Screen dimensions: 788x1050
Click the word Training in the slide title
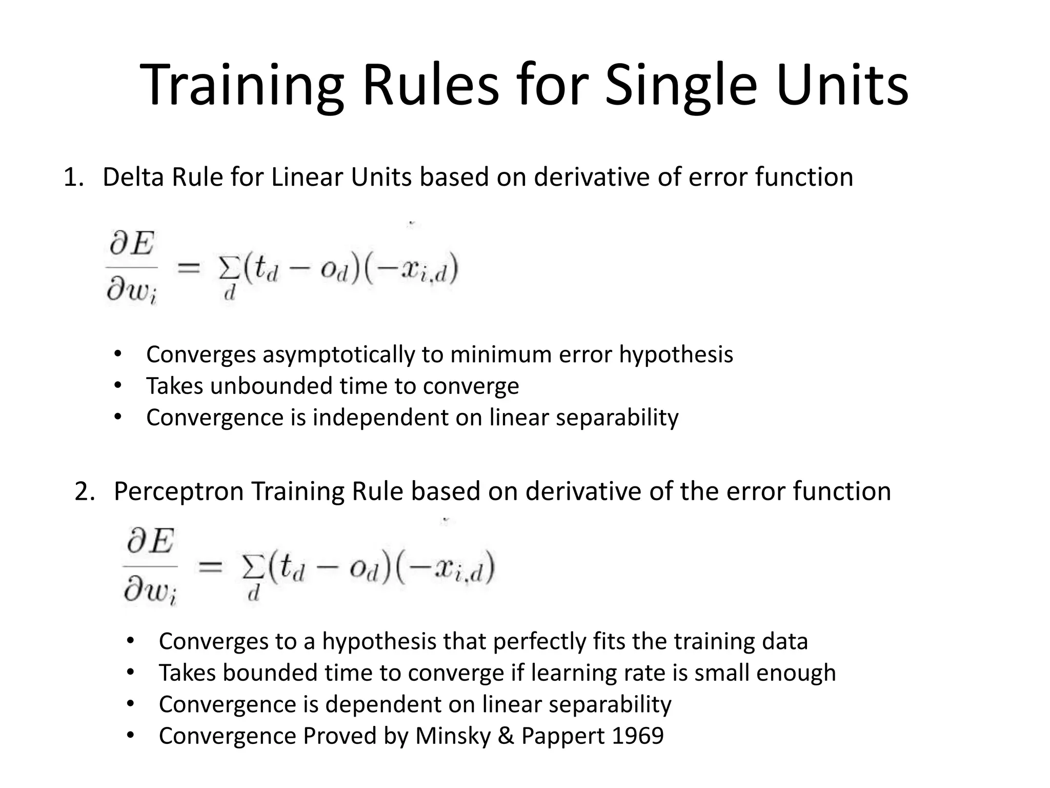pos(241,85)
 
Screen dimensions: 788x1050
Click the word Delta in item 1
pos(133,177)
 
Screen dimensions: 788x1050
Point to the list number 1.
pos(71,178)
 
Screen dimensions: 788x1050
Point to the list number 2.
pos(84,491)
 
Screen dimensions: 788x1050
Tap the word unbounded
pos(271,386)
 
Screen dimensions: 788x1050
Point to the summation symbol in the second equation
pos(253,568)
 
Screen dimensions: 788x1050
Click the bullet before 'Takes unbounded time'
pos(117,386)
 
